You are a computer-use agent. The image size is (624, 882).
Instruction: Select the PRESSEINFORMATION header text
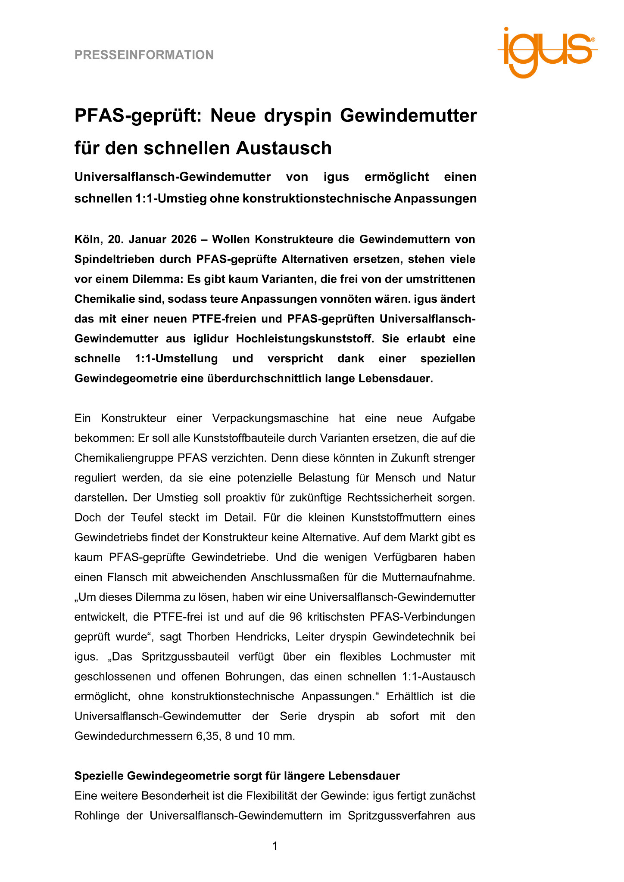(144, 55)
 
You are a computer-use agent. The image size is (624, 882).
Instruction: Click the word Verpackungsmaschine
(271, 418)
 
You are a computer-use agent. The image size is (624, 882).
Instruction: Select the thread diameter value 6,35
(208, 736)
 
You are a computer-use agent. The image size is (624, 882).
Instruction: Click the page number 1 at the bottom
(275, 846)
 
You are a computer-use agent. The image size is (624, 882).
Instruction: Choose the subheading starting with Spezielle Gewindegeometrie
(237, 776)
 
